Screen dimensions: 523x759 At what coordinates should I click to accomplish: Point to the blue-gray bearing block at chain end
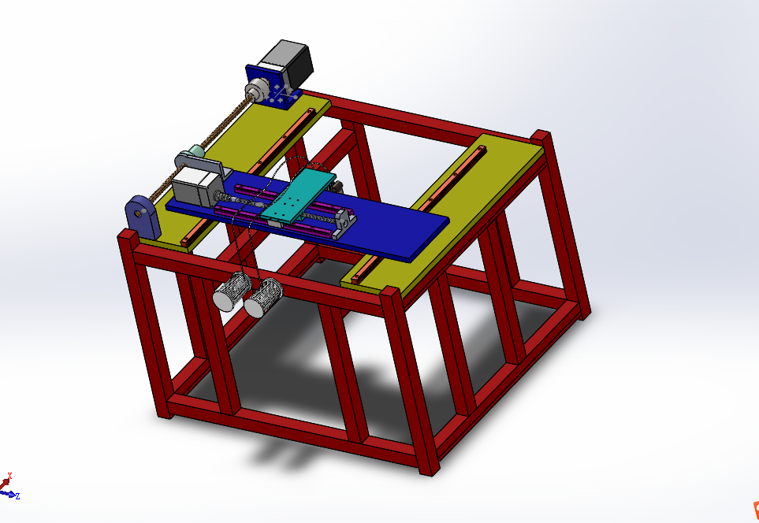(142, 215)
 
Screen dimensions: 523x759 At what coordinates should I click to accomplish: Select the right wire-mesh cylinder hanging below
(263, 298)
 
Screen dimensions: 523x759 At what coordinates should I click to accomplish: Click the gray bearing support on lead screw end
(344, 219)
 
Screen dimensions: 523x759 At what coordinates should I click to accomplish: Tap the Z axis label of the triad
(17, 496)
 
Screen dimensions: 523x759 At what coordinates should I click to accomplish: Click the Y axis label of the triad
(9, 477)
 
